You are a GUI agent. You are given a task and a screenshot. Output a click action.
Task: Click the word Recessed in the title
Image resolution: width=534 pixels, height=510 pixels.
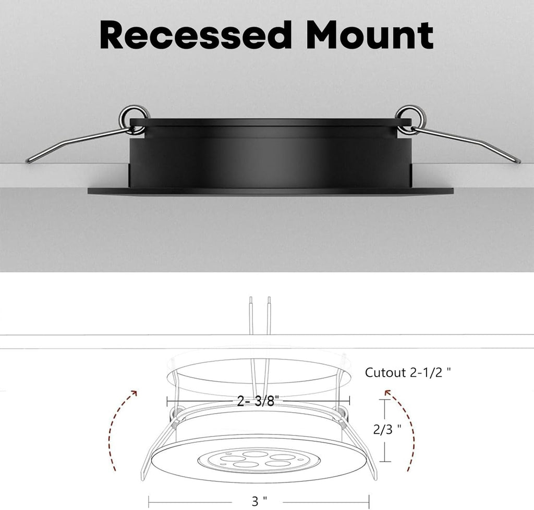(196, 35)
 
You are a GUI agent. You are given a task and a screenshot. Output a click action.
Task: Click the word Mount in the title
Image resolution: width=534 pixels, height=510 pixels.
(370, 35)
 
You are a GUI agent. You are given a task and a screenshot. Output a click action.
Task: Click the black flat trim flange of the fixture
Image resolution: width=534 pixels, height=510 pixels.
(271, 191)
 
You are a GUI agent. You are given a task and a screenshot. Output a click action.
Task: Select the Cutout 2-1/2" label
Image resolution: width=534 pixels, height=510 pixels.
(408, 372)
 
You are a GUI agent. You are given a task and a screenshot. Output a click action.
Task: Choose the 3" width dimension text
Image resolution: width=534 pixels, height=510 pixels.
(259, 501)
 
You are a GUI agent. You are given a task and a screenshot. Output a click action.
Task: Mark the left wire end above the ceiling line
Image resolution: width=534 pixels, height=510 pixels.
(250, 298)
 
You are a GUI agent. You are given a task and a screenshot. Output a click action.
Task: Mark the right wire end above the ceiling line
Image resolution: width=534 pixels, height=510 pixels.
(269, 298)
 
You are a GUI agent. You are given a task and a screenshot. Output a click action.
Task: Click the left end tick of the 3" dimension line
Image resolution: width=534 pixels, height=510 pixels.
(149, 502)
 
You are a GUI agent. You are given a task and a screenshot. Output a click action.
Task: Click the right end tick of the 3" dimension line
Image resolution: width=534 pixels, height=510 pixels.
(369, 502)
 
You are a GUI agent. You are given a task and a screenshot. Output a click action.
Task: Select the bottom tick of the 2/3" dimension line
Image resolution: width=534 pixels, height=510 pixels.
(385, 462)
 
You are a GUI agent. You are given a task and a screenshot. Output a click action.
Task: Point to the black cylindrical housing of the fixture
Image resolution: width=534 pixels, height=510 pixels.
(271, 153)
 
